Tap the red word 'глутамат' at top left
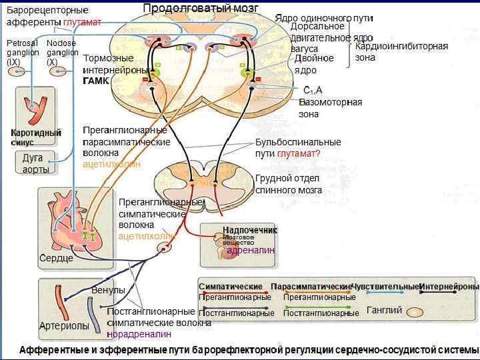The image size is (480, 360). (x=83, y=22)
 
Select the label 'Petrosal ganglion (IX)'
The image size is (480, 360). (x=22, y=52)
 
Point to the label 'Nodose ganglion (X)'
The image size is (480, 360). (x=62, y=52)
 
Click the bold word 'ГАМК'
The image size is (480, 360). (x=95, y=81)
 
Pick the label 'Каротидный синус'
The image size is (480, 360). (x=35, y=137)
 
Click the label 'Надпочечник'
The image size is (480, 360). (x=249, y=230)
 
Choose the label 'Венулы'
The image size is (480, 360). (x=108, y=291)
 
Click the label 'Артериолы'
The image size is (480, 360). (x=64, y=326)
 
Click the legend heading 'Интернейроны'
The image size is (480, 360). (x=449, y=287)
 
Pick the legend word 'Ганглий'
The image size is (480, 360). (x=385, y=310)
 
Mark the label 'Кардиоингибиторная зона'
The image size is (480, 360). (x=401, y=51)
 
